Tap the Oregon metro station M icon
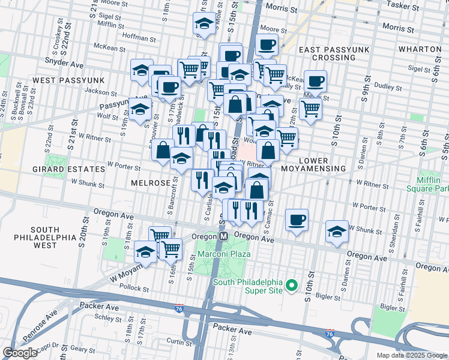coord(223,236)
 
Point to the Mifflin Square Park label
coord(432,184)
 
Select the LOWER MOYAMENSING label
coord(322,164)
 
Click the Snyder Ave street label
coord(64,61)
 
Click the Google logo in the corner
coord(20,353)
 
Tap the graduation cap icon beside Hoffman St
coord(204,25)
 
